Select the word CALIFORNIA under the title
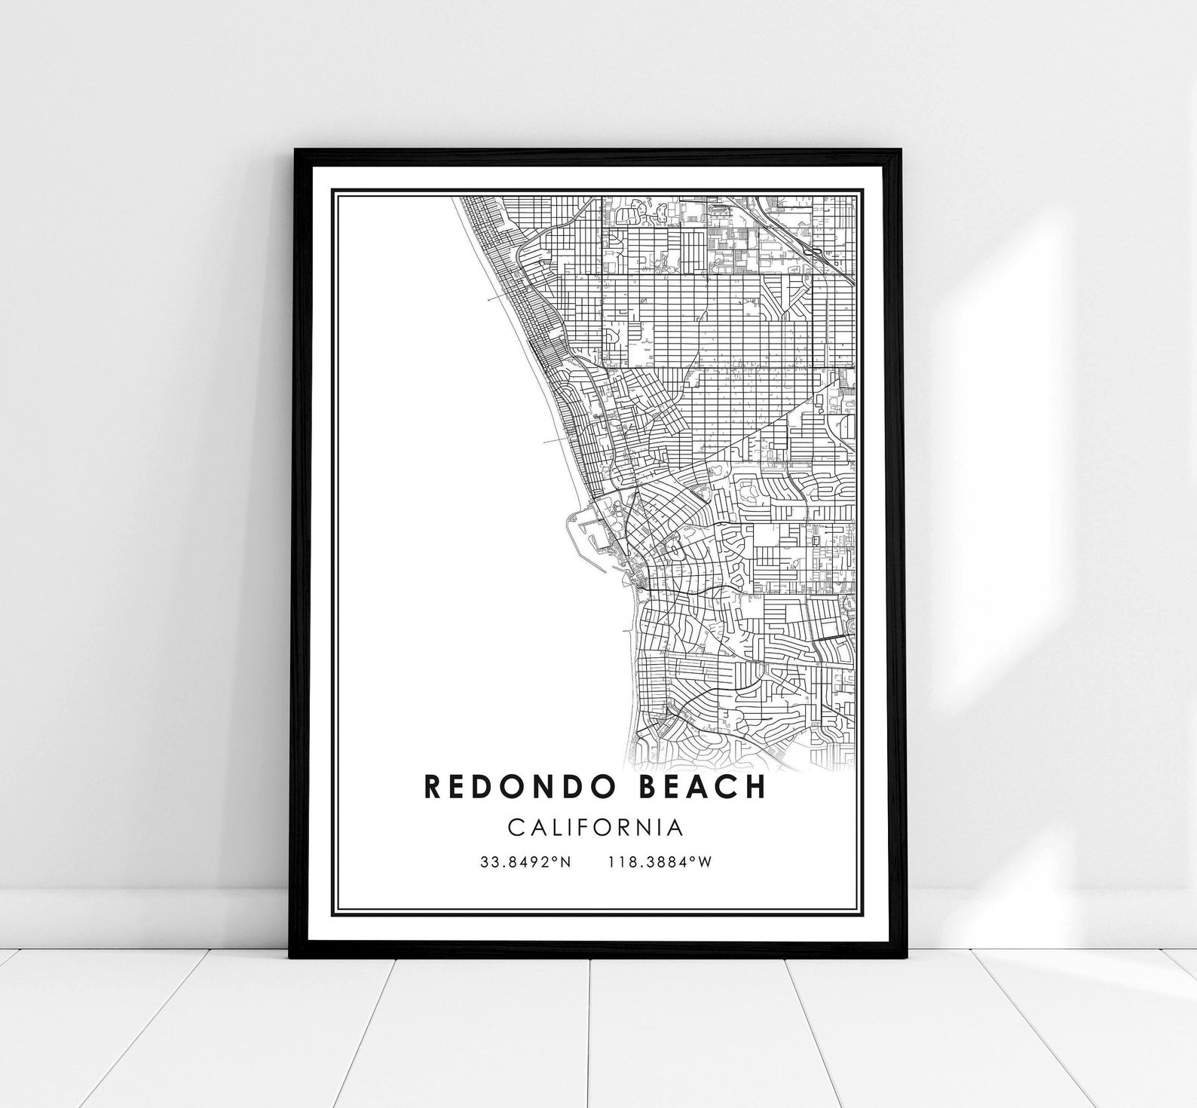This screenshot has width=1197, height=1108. coord(595,828)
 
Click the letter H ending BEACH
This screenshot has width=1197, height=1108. coord(755,786)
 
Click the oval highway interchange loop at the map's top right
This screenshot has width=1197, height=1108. coord(814,253)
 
